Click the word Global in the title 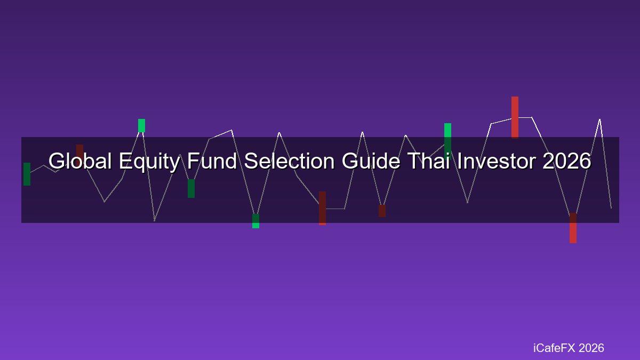[x=79, y=161]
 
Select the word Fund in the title [x=212, y=161]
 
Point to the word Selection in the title [x=289, y=161]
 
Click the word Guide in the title [x=371, y=161]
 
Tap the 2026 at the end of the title [x=566, y=161]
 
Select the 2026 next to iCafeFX [x=591, y=348]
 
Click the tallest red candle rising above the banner [x=515, y=117]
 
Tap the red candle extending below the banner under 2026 [x=573, y=228]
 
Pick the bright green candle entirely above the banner [x=141, y=126]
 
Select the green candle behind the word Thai [x=447, y=138]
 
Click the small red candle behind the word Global [x=79, y=155]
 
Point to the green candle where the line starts [x=27, y=174]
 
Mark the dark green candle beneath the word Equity [x=191, y=188]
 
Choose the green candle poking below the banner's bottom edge [x=255, y=221]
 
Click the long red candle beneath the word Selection [x=322, y=209]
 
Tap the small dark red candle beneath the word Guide [x=382, y=211]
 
